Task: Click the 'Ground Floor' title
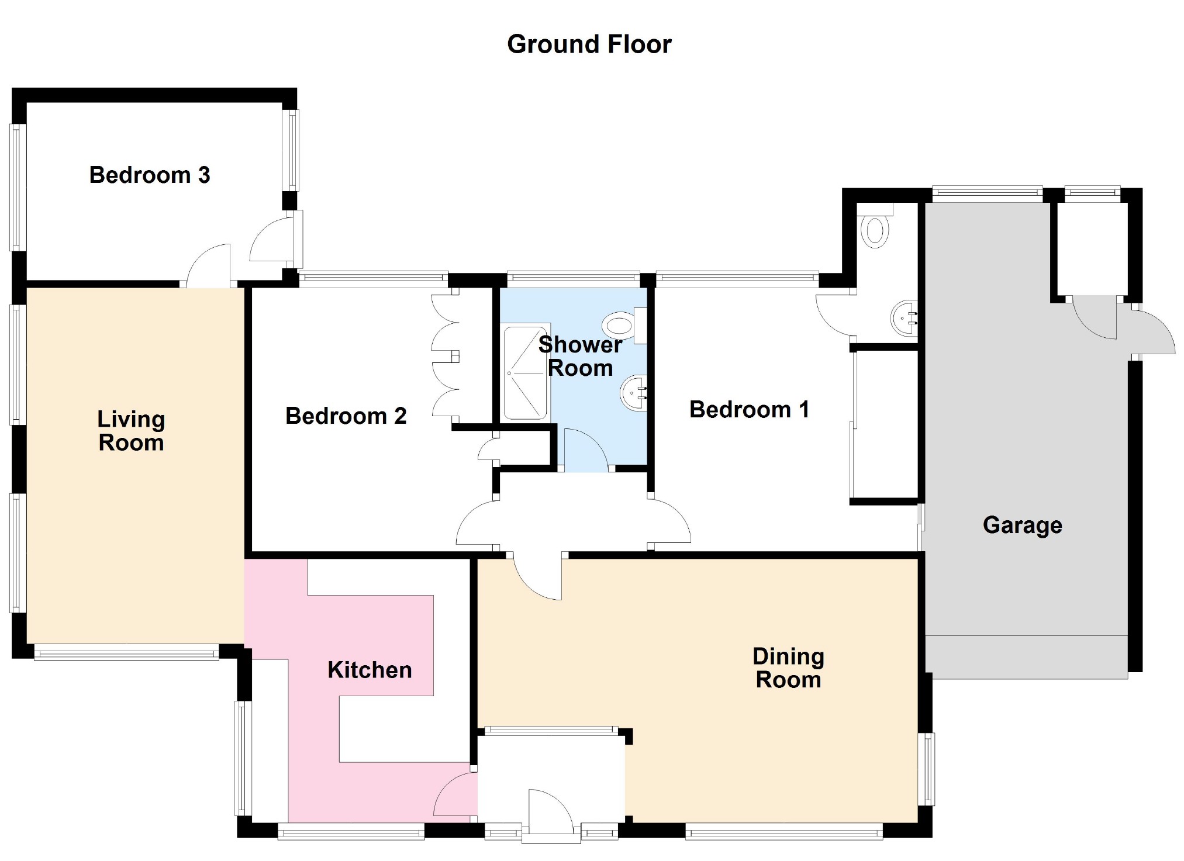[x=589, y=44]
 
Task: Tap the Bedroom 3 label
[x=150, y=175]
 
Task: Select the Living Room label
[x=131, y=431]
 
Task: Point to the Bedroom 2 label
[x=346, y=416]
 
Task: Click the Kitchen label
[x=370, y=670]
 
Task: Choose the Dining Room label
[x=788, y=668]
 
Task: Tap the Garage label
[x=1023, y=525]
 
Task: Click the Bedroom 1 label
[x=750, y=409]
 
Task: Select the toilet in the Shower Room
[x=624, y=325]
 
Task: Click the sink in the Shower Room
[x=634, y=393]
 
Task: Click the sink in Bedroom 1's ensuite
[x=905, y=319]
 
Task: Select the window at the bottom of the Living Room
[x=126, y=652]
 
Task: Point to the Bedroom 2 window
[x=373, y=279]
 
